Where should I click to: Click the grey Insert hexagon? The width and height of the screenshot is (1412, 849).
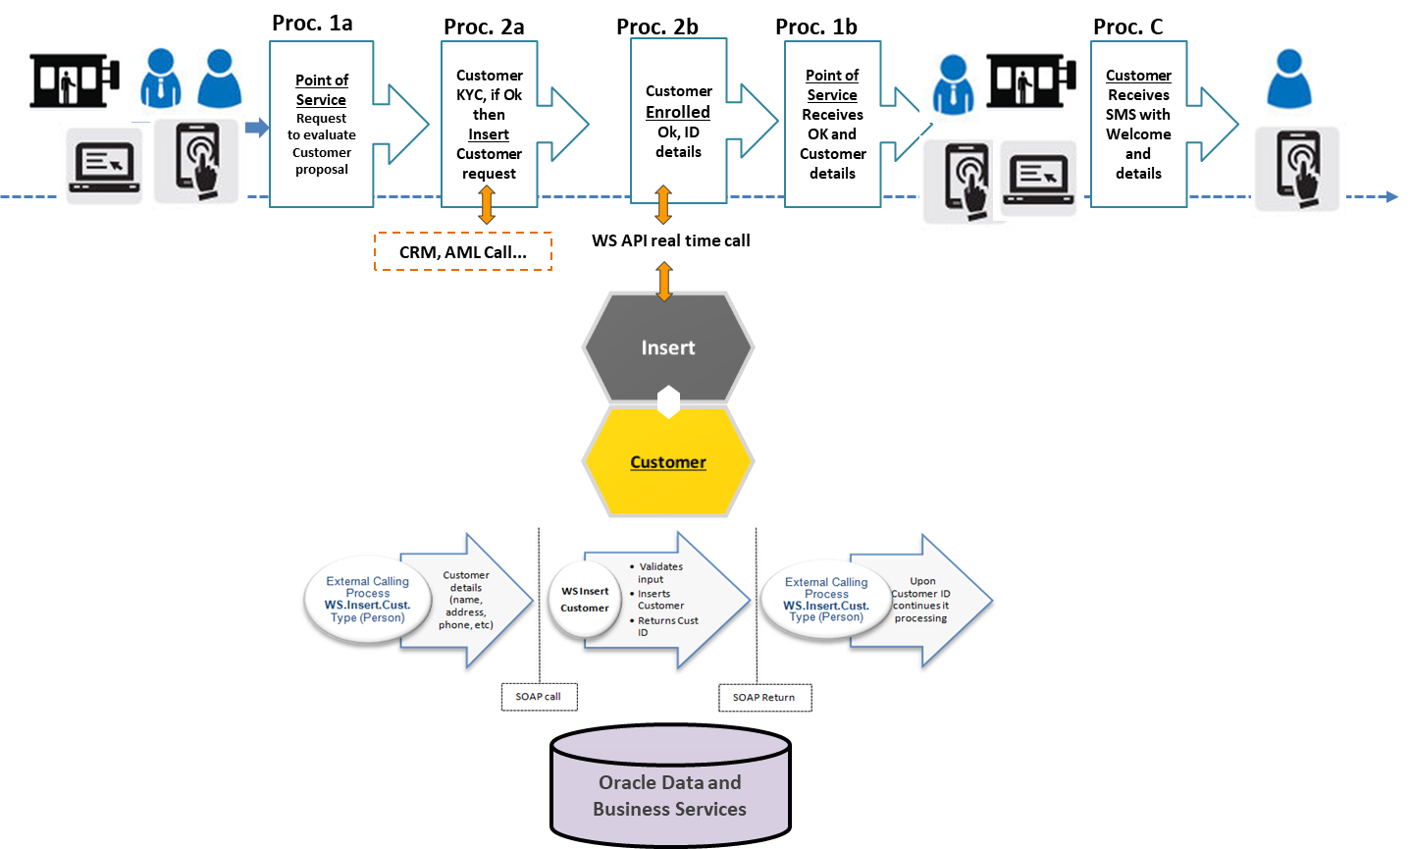(668, 347)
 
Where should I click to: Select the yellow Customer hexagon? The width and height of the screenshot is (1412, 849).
(668, 461)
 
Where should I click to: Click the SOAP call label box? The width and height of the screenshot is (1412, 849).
(539, 697)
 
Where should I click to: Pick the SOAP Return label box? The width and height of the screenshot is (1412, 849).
(764, 698)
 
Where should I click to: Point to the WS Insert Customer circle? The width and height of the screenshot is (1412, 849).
(585, 600)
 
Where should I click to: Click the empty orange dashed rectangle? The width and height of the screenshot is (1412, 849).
(463, 251)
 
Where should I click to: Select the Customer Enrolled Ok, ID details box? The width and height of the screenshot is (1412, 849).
(678, 122)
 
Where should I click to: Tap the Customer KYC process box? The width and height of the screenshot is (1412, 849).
(489, 125)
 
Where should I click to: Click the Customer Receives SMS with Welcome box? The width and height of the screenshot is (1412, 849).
(1138, 125)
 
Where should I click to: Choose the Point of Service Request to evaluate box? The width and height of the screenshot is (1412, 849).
(322, 125)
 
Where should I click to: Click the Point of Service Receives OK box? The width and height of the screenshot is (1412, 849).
(832, 125)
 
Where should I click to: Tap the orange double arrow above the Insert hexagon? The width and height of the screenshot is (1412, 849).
(664, 282)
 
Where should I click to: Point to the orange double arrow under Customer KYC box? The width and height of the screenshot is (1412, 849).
(487, 205)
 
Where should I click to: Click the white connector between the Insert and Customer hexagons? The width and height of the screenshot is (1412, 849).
(668, 401)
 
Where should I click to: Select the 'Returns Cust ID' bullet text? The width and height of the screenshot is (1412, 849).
(667, 626)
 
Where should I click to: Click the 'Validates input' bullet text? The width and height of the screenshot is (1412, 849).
(660, 572)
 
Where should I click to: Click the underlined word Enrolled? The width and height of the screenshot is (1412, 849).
(678, 112)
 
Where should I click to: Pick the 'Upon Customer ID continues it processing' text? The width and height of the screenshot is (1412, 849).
(921, 600)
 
